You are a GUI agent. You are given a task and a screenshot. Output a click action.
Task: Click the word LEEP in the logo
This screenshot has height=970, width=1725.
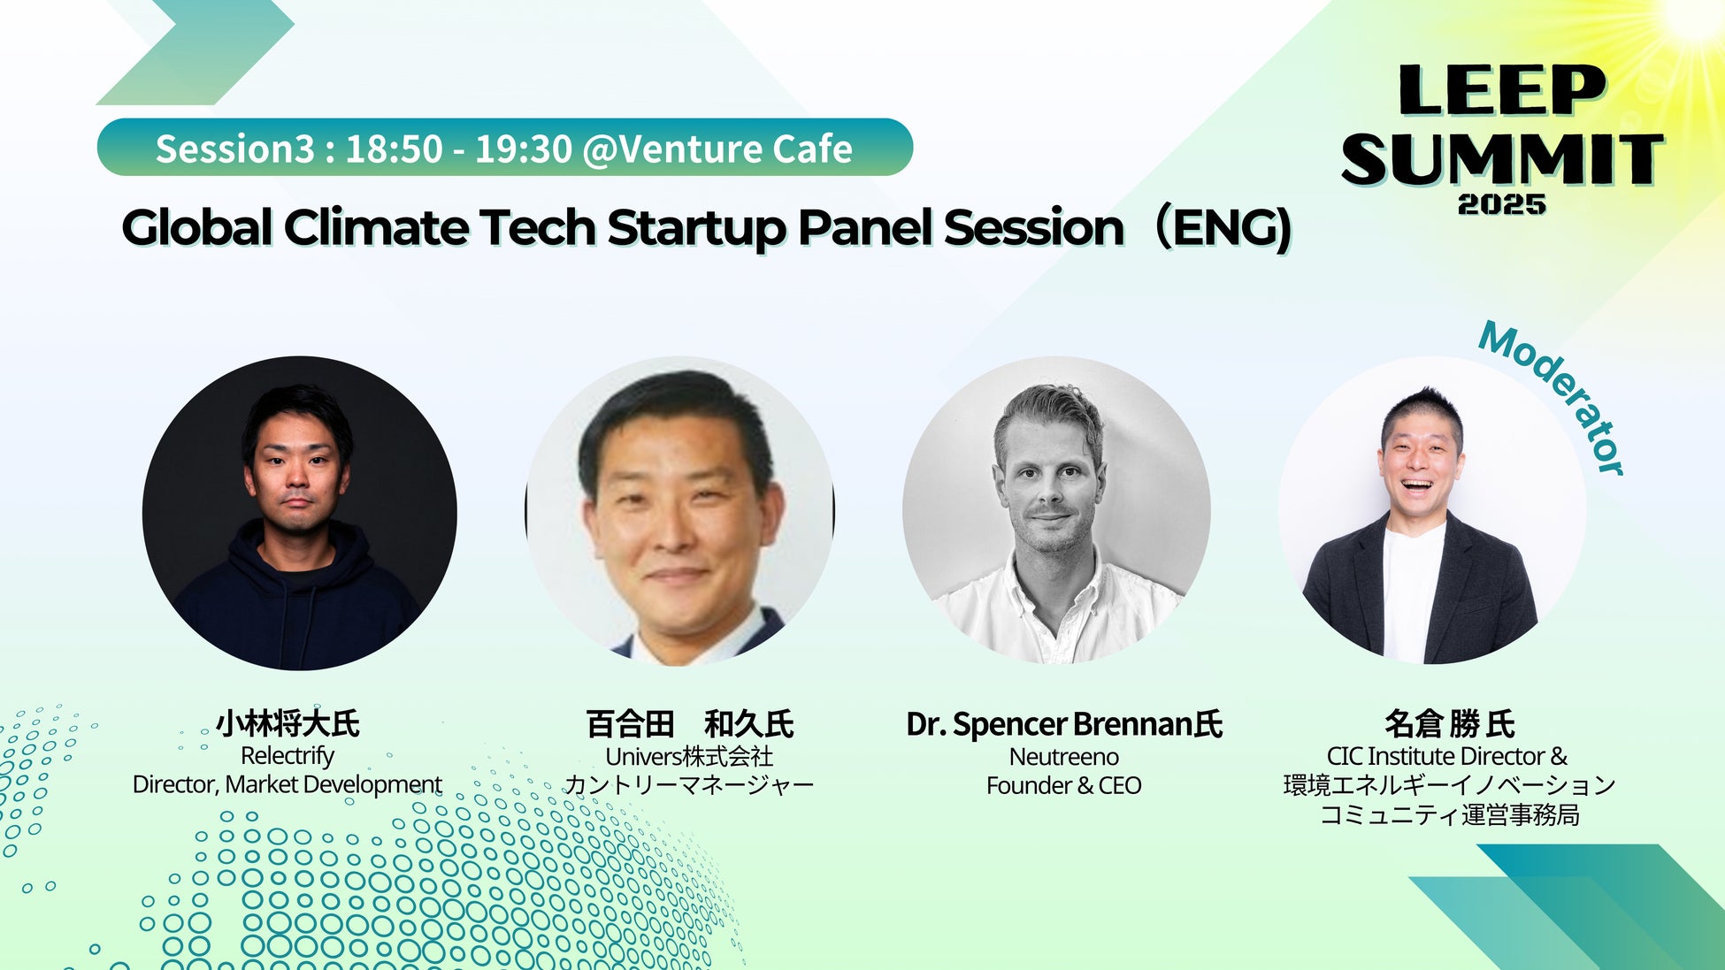click(1501, 90)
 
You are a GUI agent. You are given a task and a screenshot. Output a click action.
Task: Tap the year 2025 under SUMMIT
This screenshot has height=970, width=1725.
click(1502, 204)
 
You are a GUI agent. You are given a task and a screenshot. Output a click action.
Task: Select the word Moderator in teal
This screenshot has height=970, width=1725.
click(1552, 398)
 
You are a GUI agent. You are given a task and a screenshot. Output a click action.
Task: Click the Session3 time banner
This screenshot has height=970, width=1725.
click(504, 148)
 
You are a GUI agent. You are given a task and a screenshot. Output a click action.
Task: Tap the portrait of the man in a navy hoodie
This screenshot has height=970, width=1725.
click(300, 513)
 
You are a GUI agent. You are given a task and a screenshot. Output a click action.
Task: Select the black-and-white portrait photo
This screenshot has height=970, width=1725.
click(1056, 510)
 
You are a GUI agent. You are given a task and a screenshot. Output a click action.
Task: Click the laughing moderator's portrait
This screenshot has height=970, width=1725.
click(1432, 510)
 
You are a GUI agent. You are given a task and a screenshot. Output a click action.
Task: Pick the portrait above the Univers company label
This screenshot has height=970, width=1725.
click(679, 511)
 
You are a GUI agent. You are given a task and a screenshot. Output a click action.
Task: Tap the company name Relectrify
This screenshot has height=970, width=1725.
click(287, 756)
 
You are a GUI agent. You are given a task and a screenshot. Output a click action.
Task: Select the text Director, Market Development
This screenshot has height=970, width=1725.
click(287, 785)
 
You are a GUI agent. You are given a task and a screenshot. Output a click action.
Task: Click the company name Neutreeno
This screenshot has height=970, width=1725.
click(1064, 757)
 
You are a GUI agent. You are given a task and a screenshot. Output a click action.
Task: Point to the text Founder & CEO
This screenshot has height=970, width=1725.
click(1064, 785)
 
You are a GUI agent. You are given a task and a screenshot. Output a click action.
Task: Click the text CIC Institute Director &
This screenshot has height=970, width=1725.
click(1447, 756)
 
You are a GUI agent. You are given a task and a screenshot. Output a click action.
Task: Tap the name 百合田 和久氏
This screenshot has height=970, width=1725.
click(690, 724)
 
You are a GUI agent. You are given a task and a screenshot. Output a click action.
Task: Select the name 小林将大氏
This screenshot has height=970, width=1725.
click(287, 723)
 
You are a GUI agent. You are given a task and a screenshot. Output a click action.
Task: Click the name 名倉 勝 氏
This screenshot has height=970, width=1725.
click(1450, 724)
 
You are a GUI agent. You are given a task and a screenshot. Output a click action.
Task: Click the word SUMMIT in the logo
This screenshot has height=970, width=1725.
click(1502, 159)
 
